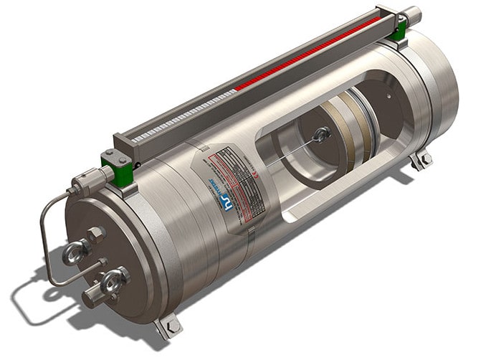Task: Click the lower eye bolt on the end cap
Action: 115,279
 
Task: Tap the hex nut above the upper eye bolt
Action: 96,233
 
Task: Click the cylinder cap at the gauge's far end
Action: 413,12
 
